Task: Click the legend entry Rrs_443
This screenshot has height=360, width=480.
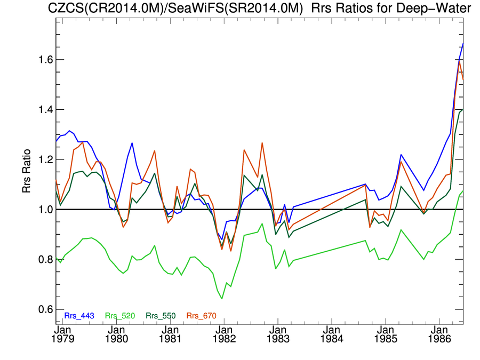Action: coord(79,316)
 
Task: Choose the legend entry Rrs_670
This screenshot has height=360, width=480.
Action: coord(201,316)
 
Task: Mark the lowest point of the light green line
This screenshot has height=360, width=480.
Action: coord(222,298)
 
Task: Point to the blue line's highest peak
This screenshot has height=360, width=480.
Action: coord(462,44)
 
